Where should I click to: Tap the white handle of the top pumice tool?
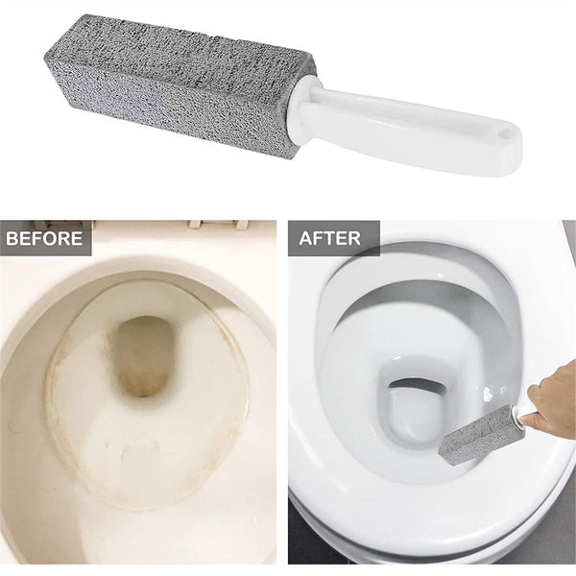(x=422, y=130)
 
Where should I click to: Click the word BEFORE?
(x=46, y=238)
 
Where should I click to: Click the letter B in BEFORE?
(x=13, y=238)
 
